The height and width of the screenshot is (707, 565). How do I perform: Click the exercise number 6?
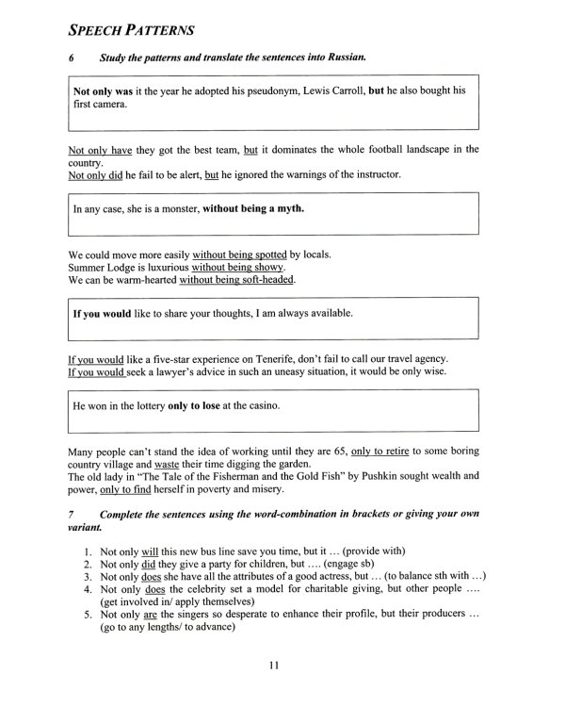point(73,58)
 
